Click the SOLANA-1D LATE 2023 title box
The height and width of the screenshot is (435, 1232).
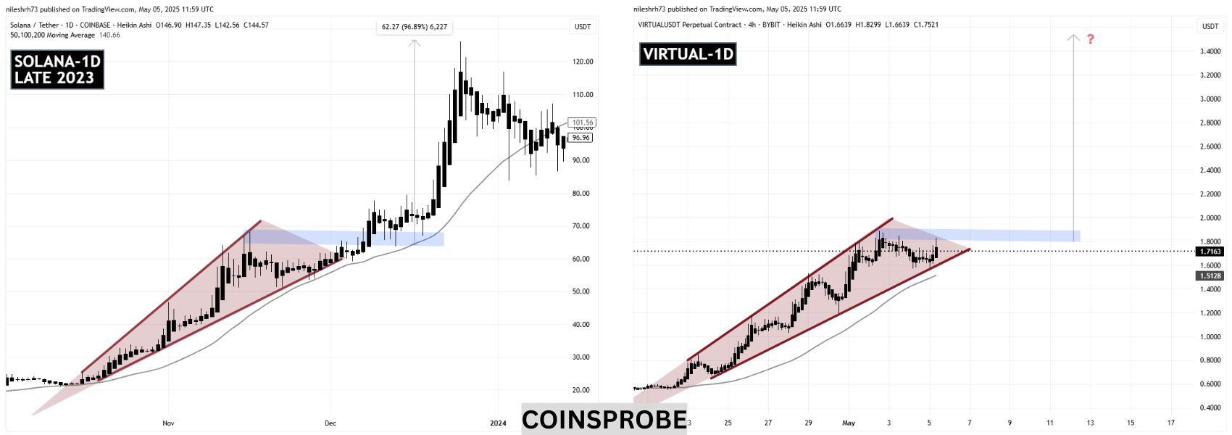57,70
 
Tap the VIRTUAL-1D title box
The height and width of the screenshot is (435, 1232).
688,54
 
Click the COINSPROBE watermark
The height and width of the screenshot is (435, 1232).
604,420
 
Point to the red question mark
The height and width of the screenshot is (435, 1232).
1090,39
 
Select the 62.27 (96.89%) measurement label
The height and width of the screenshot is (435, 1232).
415,27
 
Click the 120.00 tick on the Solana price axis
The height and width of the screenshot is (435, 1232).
583,62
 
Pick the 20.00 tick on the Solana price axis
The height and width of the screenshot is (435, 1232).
580,390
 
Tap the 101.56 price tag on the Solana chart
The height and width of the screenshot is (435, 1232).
582,123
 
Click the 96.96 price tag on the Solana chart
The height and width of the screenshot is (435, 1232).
580,138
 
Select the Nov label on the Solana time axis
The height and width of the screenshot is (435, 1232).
168,423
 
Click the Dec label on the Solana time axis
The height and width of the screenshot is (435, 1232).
330,423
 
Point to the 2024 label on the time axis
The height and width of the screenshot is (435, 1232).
498,423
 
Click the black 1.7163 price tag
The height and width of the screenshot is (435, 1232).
1210,252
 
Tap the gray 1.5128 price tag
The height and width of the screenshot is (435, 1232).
1210,276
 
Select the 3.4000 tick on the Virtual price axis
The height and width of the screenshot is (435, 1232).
1210,51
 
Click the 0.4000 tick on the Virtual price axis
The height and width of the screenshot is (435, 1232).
1210,407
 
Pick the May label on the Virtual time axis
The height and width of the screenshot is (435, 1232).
849,423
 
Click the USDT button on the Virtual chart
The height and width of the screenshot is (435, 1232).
1210,26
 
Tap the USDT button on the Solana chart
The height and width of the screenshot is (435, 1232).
583,26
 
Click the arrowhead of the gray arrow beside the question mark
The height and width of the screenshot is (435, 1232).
1073,37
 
